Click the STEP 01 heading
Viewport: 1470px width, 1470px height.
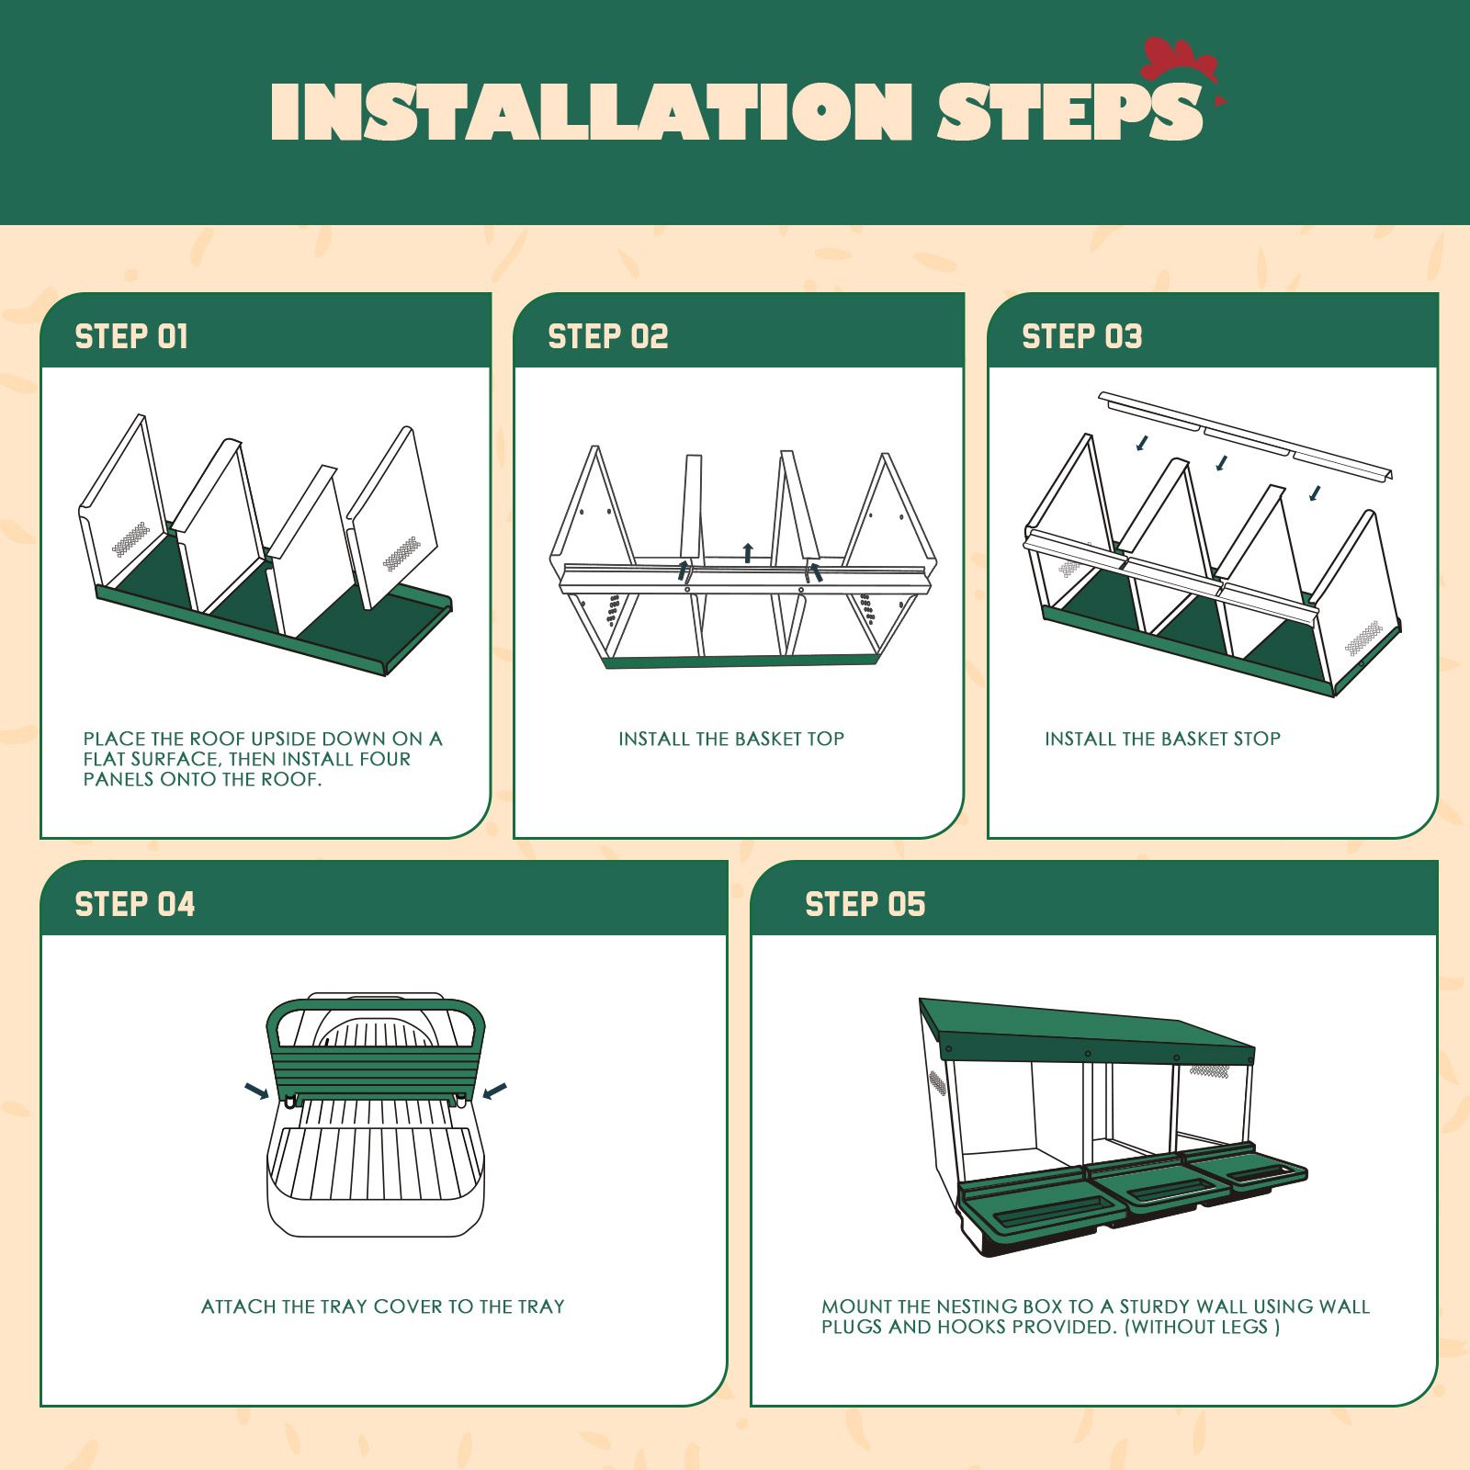click(x=131, y=336)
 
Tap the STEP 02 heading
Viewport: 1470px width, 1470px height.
click(x=607, y=336)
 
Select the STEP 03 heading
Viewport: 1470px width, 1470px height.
click(x=1081, y=336)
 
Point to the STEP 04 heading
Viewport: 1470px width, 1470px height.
click(x=135, y=904)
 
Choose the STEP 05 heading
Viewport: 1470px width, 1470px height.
click(x=865, y=904)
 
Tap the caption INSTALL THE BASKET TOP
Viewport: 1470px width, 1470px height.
click(x=730, y=739)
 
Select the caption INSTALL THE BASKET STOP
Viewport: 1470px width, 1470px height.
click(x=1162, y=739)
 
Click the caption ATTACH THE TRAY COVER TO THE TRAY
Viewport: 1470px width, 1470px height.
click(x=382, y=1306)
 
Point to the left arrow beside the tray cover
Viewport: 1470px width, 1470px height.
click(x=256, y=1091)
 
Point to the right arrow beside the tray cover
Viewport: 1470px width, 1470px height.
click(x=494, y=1091)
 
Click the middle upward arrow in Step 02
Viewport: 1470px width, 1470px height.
click(x=748, y=552)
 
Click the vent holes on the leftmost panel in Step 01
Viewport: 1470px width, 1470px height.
click(x=130, y=537)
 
